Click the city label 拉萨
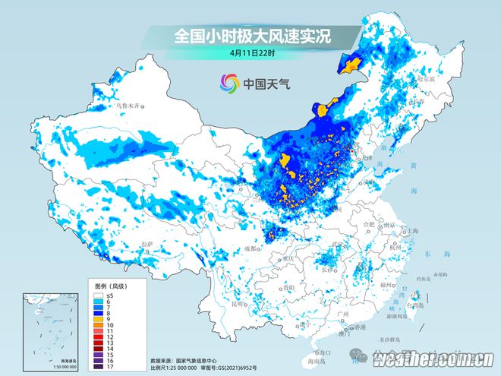click(x=147, y=243)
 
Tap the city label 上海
click(x=413, y=231)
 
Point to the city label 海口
click(x=322, y=352)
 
